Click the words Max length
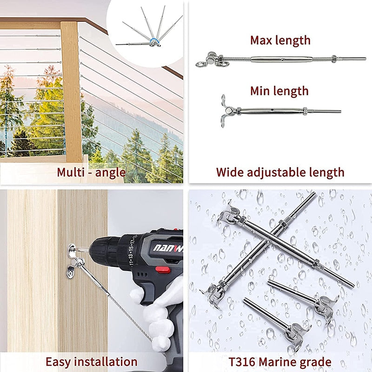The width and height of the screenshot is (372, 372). [x=280, y=40]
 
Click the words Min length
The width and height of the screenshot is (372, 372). [x=279, y=90]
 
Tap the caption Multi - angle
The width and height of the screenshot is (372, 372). [x=91, y=172]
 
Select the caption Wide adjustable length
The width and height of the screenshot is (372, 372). [x=280, y=172]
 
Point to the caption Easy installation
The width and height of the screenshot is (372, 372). [x=91, y=361]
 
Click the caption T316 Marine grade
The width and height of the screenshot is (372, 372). [x=280, y=361]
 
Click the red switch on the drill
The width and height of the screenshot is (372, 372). [x=162, y=269]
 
